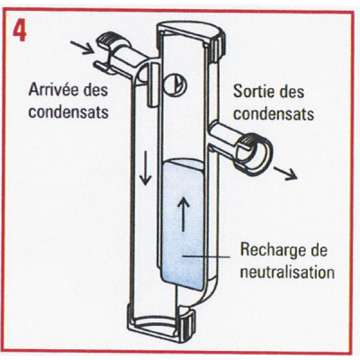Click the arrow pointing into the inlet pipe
tap(82, 44)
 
